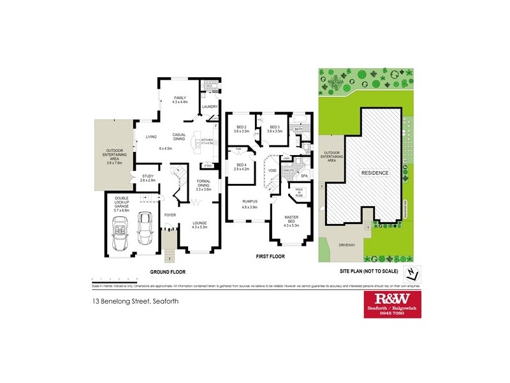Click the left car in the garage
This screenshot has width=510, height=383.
pyautogui.click(x=119, y=233)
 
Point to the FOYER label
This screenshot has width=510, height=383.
pyautogui.click(x=170, y=215)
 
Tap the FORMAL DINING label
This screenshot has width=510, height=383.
pyautogui.click(x=203, y=183)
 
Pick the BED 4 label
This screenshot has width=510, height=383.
pyautogui.click(x=240, y=167)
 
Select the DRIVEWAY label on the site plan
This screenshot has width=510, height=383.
pyautogui.click(x=346, y=244)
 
